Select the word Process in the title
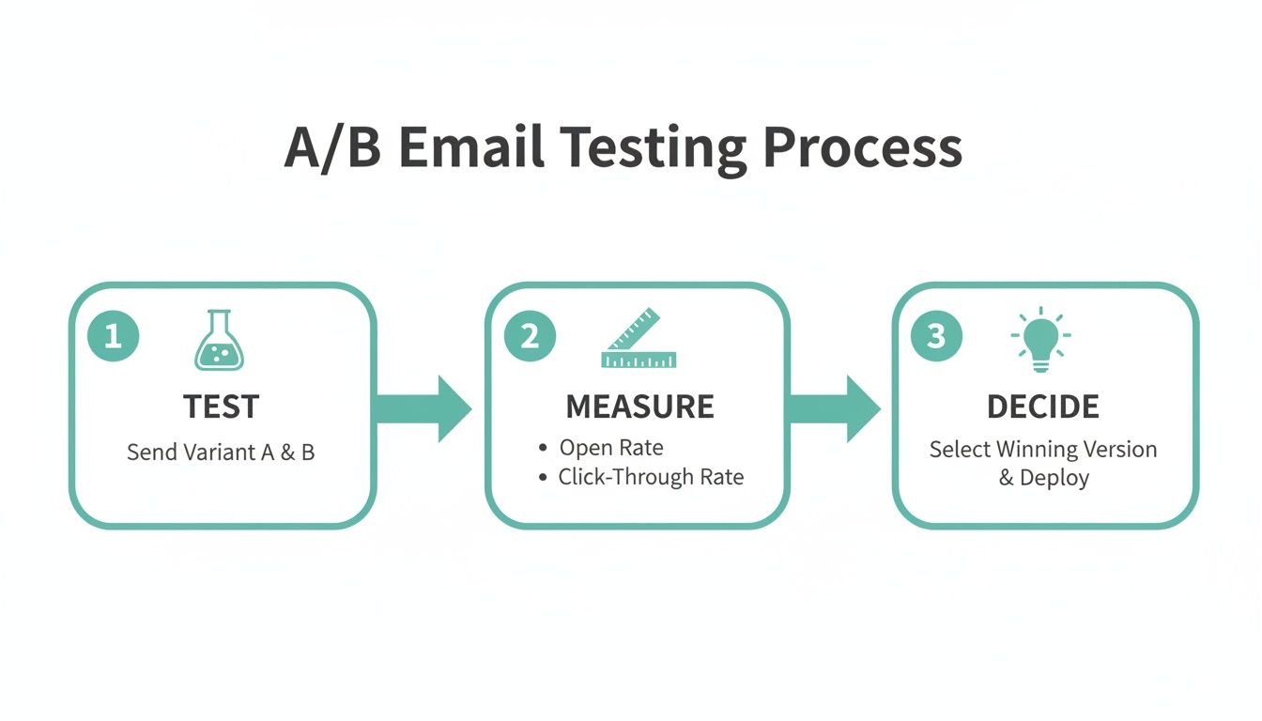tap(862, 148)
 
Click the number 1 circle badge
tap(113, 336)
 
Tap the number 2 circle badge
tap(530, 336)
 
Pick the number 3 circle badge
tap(936, 336)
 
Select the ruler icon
tap(639, 339)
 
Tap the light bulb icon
tap(1040, 337)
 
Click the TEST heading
tap(222, 407)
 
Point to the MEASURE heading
tap(639, 407)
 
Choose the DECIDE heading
tap(1042, 407)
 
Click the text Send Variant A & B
tap(221, 453)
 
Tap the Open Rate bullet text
tap(611, 448)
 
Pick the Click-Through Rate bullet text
tap(651, 477)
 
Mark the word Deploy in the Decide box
tap(1054, 478)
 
